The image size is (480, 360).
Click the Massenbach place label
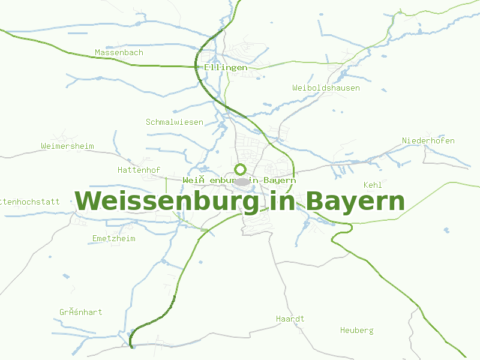[x=119, y=53]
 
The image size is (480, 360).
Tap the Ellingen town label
[x=225, y=68]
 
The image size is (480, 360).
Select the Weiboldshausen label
[x=326, y=88]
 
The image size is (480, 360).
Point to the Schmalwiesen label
[x=174, y=122]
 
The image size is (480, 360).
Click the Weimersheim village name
[x=67, y=146]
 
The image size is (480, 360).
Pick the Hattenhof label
[x=139, y=170]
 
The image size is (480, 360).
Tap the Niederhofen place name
[x=428, y=141]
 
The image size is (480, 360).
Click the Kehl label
[x=373, y=185]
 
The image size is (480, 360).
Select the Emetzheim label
[x=113, y=239]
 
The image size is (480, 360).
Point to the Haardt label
[x=290, y=319]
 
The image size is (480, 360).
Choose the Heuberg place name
[x=356, y=331]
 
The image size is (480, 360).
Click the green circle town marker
[x=241, y=169]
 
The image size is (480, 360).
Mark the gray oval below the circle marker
[x=241, y=182]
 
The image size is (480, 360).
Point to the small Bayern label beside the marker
[x=279, y=181]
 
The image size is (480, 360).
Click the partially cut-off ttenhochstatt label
[x=30, y=202]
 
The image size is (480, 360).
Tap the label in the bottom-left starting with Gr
[x=80, y=313]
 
